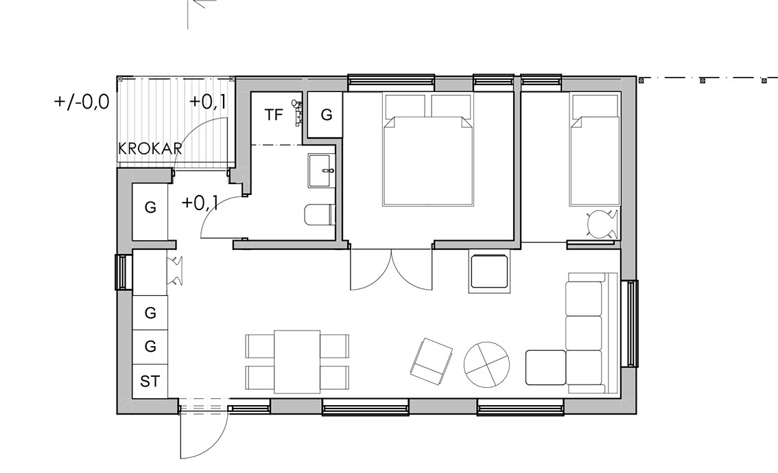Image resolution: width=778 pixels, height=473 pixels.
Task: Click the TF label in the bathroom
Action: click(273, 115)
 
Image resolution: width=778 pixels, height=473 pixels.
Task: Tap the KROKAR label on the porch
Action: click(150, 148)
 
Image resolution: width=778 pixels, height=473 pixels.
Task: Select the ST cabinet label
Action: click(150, 381)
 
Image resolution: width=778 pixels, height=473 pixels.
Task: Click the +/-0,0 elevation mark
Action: click(82, 102)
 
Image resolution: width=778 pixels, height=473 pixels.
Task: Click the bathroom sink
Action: click(322, 171)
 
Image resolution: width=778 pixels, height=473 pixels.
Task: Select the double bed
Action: click(427, 150)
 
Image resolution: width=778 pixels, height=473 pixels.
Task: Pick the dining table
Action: click(296, 361)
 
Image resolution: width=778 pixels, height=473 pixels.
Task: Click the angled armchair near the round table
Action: click(432, 361)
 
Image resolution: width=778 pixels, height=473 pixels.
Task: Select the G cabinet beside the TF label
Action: click(325, 115)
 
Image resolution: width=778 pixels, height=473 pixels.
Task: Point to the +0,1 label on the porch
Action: click(207, 102)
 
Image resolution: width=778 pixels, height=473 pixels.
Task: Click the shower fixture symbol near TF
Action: click(296, 111)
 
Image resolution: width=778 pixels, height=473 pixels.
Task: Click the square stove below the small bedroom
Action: click(488, 271)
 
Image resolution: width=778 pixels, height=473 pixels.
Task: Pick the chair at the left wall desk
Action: click(176, 271)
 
